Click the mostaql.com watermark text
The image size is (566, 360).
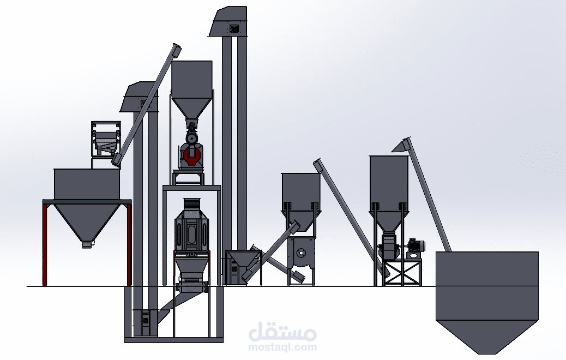(x=282, y=347)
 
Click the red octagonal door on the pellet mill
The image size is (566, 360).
(x=192, y=155)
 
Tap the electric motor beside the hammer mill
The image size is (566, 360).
(x=416, y=245)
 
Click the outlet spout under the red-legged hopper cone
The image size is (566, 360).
(x=87, y=245)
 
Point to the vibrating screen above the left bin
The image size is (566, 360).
(x=105, y=139)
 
